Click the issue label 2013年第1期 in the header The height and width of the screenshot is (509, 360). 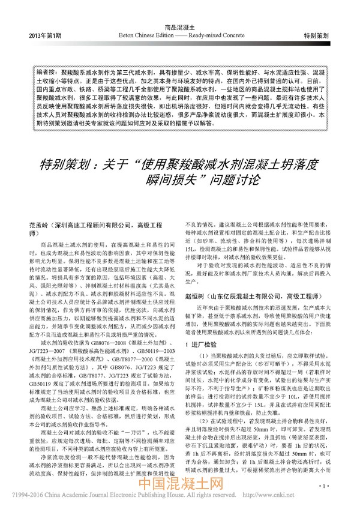click(45, 36)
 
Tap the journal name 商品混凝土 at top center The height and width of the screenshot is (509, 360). click(181, 28)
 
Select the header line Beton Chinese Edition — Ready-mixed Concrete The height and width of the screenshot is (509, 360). click(181, 36)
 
